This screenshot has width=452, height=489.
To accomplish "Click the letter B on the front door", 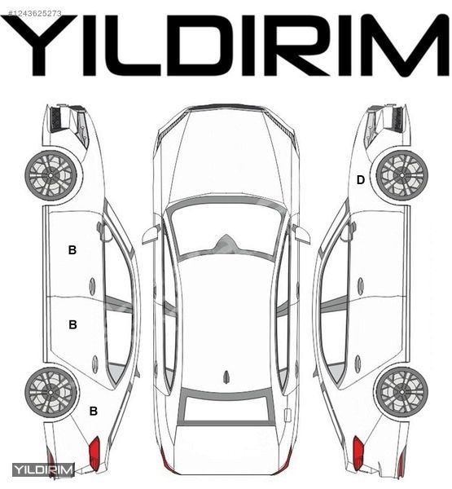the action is (x=72, y=250).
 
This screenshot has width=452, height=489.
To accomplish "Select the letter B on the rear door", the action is (x=72, y=324).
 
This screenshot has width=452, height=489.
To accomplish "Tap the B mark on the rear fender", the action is (x=94, y=411).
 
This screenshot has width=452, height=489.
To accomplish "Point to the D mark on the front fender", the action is (x=360, y=180).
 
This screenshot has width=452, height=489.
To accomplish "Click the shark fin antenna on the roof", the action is (x=226, y=376).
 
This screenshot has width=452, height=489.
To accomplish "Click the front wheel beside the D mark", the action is (x=402, y=175).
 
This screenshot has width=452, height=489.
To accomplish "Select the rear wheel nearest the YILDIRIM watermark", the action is (x=50, y=392).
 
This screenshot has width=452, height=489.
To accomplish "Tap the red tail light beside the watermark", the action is (x=94, y=452).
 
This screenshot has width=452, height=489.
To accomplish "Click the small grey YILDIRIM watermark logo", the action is (x=43, y=470).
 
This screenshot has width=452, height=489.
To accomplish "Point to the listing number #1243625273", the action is (x=34, y=13).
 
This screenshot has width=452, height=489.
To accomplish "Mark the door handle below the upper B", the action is (x=93, y=285).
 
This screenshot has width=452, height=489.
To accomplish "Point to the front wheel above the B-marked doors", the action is (x=50, y=175).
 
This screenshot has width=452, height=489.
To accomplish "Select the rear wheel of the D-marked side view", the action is (x=402, y=392).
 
